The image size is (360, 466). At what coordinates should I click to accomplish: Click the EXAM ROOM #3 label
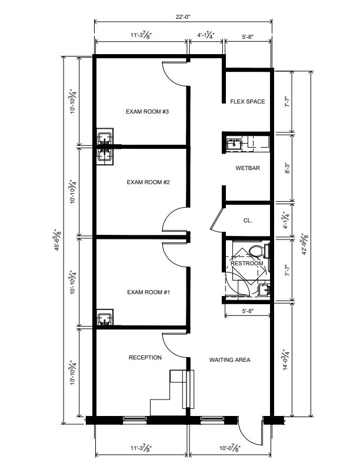click(147, 112)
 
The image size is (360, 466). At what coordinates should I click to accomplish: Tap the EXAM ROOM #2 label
click(148, 182)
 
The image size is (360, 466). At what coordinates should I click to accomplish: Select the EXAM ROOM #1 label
click(148, 292)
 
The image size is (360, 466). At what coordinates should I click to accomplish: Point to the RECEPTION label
click(145, 358)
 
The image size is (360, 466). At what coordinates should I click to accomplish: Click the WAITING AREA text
click(230, 360)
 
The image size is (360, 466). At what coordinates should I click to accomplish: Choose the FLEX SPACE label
click(248, 102)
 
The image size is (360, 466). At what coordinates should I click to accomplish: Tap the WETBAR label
click(248, 168)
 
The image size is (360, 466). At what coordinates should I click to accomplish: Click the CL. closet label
click(248, 221)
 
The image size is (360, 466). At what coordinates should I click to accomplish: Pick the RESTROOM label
click(247, 264)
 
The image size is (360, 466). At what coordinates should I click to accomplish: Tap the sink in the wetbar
click(234, 144)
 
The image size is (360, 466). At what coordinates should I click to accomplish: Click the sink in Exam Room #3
click(105, 138)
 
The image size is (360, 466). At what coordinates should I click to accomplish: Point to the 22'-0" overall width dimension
click(183, 16)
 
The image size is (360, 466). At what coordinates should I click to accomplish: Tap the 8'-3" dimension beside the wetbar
click(287, 168)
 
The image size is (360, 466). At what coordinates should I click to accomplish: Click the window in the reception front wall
click(135, 419)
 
